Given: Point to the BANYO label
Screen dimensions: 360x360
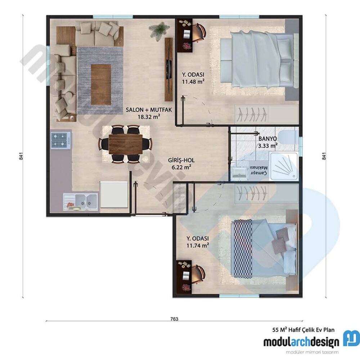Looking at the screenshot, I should (x=267, y=138).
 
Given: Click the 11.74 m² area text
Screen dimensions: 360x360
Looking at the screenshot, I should (x=198, y=246).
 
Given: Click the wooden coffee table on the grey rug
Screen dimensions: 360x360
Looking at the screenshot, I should (x=100, y=84).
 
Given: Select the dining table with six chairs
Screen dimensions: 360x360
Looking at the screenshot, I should (x=125, y=144).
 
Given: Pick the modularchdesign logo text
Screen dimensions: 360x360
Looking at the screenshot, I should (x=301, y=341).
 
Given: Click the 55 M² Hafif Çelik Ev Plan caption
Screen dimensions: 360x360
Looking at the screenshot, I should (x=303, y=329).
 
